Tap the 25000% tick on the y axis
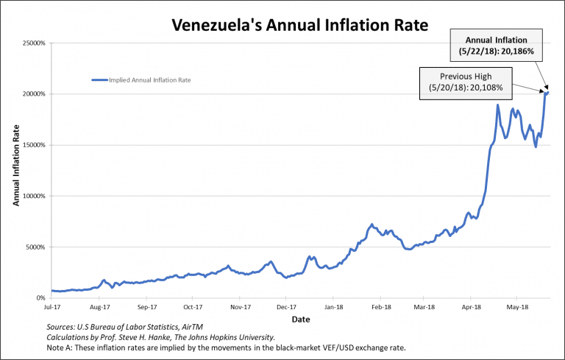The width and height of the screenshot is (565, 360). [x=34, y=43]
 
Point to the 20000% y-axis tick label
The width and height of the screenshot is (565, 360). [x=34, y=94]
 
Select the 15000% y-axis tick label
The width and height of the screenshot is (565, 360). [x=34, y=145]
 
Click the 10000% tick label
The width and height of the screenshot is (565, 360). [x=34, y=197]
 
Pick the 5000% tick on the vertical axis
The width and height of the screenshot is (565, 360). [x=35, y=247]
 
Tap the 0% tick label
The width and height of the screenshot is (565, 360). [x=40, y=298]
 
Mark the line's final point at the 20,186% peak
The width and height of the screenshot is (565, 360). [x=548, y=92]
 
